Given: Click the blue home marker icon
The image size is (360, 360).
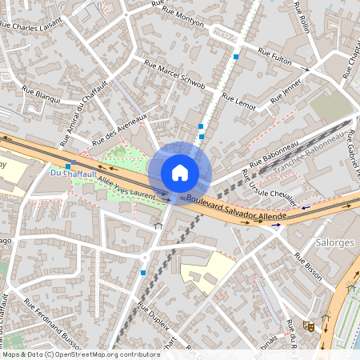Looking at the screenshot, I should pyautogui.click(x=180, y=172).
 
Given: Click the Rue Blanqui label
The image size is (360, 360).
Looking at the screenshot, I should pyautogui.click(x=41, y=95).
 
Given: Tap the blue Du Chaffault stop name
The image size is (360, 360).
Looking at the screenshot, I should pyautogui.click(x=66, y=172).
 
